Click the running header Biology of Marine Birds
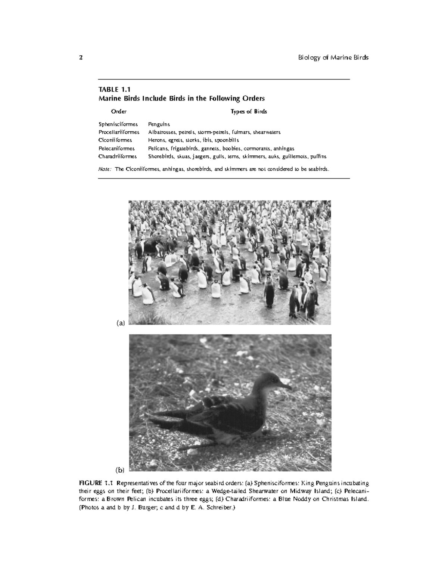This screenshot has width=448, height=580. click(x=333, y=58)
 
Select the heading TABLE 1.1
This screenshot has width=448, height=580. click(x=114, y=89)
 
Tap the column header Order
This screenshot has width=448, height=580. click(x=119, y=111)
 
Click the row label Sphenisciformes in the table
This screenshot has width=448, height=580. click(x=118, y=124)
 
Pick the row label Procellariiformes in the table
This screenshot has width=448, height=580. click(x=119, y=132)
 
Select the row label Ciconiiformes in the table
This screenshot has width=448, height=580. click(x=115, y=140)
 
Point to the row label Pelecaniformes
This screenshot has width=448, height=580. click(x=117, y=148)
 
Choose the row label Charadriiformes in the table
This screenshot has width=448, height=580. click(x=118, y=156)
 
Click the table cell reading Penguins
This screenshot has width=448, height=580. click(x=159, y=124)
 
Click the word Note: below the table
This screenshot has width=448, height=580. click(x=105, y=169)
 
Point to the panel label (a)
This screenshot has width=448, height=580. click(x=120, y=323)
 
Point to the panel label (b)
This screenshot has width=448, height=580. click(x=120, y=469)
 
